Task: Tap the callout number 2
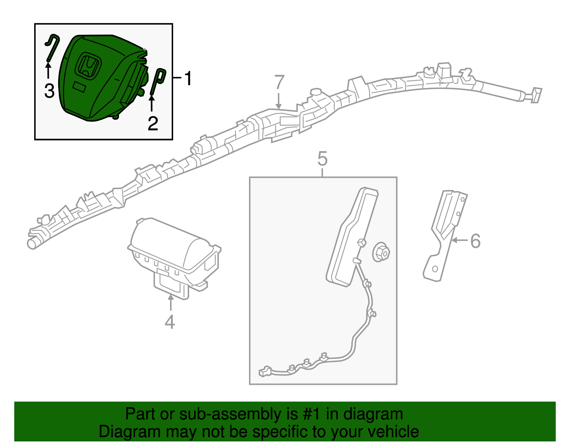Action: coord(153,124)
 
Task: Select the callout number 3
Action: coord(49,91)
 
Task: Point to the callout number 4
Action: coord(170,322)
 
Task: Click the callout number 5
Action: coord(322,159)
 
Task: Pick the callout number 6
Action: coord(475,241)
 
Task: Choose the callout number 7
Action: coord(279,83)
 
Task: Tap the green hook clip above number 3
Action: coord(52,48)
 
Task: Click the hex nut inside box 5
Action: coord(381,253)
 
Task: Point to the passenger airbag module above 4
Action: coord(175,253)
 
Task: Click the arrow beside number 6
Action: coord(460,240)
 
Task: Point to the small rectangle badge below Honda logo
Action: coord(79,87)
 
